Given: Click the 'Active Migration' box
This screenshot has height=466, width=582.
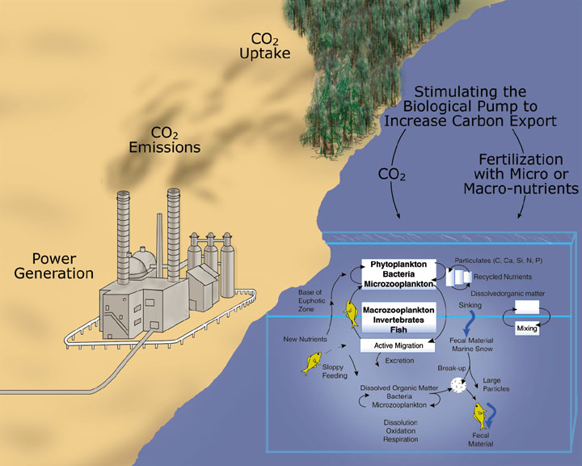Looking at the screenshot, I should [397, 346].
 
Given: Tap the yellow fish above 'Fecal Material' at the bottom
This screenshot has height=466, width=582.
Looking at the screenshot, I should [480, 417].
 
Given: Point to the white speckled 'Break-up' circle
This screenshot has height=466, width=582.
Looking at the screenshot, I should [458, 388].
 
